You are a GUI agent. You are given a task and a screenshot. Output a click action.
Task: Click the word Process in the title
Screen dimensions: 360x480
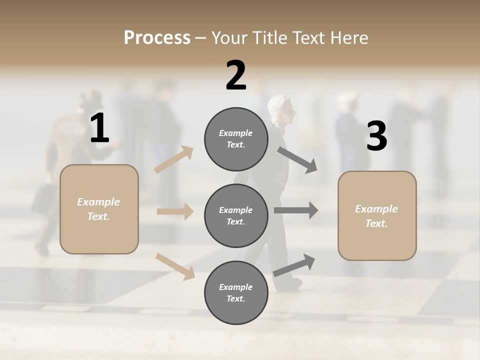[157, 37]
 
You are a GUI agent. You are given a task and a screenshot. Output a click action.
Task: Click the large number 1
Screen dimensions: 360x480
[99, 128]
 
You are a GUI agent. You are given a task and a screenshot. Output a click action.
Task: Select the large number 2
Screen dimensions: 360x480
[236, 75]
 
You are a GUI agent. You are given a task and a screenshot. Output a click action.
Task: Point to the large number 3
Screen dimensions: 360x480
[376, 136]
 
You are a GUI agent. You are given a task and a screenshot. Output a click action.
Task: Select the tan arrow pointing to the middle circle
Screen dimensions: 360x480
[175, 211]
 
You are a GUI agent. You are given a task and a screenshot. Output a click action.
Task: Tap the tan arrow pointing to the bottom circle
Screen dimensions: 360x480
[175, 266]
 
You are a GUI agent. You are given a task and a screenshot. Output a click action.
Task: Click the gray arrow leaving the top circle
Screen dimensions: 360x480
[297, 159]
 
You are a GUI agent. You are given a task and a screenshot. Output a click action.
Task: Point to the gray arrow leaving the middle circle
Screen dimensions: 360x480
[296, 210]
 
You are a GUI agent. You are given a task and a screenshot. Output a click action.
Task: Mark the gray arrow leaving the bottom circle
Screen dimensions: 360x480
[294, 265]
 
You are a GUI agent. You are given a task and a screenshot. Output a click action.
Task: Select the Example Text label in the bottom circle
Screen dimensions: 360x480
[236, 293]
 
